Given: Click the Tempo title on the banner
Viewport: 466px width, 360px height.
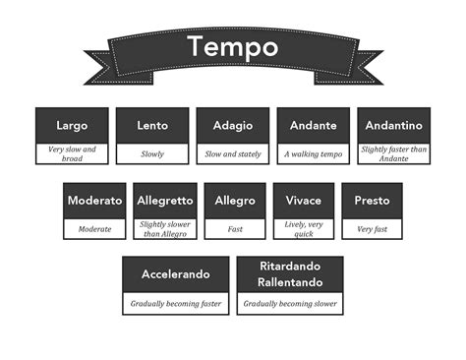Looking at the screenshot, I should (x=232, y=46).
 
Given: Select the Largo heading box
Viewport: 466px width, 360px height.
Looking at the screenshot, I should (x=72, y=126).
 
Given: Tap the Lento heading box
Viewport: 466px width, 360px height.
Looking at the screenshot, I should (x=152, y=126).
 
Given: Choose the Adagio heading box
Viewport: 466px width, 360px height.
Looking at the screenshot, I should (x=233, y=126).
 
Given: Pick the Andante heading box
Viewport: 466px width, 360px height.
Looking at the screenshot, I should (x=313, y=126).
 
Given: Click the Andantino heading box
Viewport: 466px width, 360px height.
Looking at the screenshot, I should (x=393, y=126).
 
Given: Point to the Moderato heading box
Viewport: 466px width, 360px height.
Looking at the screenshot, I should (x=94, y=201).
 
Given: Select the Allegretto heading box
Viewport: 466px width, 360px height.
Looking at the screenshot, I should (x=164, y=201).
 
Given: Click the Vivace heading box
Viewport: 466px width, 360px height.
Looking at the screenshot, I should (x=304, y=201).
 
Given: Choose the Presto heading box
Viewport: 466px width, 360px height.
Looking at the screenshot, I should (x=373, y=201).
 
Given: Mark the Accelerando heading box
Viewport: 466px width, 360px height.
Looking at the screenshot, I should (x=177, y=274).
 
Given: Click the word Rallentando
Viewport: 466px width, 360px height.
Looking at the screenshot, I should (x=290, y=282).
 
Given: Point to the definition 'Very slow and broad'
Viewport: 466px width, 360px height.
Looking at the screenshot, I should (x=72, y=153).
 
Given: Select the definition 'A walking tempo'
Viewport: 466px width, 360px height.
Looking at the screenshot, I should (x=313, y=154).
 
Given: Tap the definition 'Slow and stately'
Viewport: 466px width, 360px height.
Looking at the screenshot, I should (x=233, y=154).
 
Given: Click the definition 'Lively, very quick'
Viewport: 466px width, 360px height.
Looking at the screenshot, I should (x=304, y=228).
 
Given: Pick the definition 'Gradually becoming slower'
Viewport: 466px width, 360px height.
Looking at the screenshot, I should (x=290, y=305).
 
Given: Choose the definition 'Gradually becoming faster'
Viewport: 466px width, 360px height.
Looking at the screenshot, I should (x=177, y=305).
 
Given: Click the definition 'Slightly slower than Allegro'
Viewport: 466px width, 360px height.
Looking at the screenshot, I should (x=164, y=228).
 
